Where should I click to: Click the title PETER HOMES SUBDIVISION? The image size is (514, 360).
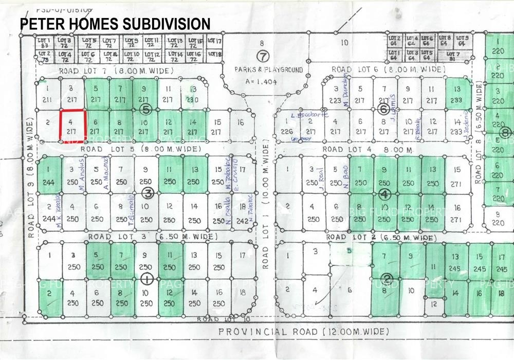[115, 24]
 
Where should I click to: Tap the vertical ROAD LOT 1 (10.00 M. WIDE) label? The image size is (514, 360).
[266, 195]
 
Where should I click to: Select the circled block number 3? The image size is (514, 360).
[148, 193]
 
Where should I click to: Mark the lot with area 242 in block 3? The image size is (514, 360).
[241, 213]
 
